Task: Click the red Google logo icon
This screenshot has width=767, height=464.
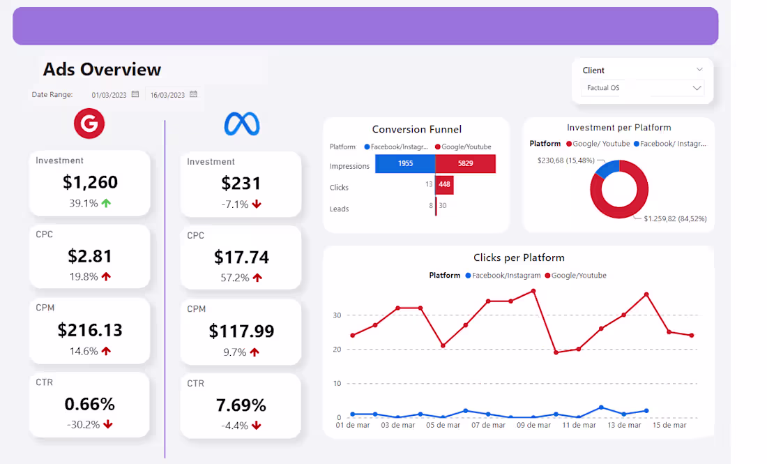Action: pyautogui.click(x=89, y=124)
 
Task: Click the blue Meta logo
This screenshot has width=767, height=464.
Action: pyautogui.click(x=241, y=124)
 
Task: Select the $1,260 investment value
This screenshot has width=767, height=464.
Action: pyautogui.click(x=90, y=182)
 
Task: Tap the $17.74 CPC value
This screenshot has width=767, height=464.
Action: pyautogui.click(x=241, y=257)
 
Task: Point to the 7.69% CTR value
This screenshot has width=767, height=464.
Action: pyautogui.click(x=241, y=405)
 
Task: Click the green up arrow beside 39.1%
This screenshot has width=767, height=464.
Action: pyautogui.click(x=105, y=203)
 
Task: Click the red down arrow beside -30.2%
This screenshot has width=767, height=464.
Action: pyautogui.click(x=107, y=424)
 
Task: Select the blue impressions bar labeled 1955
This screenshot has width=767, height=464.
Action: pyautogui.click(x=405, y=163)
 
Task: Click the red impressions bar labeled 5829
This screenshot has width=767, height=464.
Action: pyautogui.click(x=465, y=163)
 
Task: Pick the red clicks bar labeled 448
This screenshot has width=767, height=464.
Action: pyautogui.click(x=444, y=185)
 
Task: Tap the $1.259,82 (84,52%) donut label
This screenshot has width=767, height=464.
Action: pyautogui.click(x=675, y=218)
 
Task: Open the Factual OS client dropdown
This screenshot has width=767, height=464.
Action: pyautogui.click(x=642, y=88)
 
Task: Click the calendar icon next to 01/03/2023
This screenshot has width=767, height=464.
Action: pyautogui.click(x=135, y=94)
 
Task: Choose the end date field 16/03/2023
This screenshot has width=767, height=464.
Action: pyautogui.click(x=167, y=95)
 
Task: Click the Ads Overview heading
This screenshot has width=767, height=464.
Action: pyautogui.click(x=102, y=70)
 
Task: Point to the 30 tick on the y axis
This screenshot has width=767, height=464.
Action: pyautogui.click(x=336, y=315)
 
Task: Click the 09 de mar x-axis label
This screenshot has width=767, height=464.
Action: pyautogui.click(x=533, y=425)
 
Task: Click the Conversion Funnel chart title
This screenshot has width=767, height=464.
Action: pyautogui.click(x=416, y=129)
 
